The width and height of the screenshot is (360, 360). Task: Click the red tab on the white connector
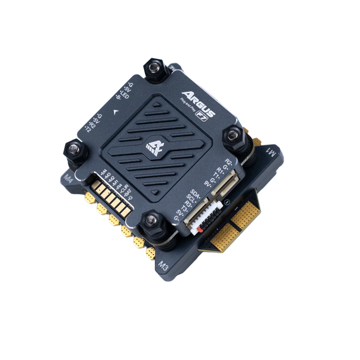[x=200, y=230]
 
